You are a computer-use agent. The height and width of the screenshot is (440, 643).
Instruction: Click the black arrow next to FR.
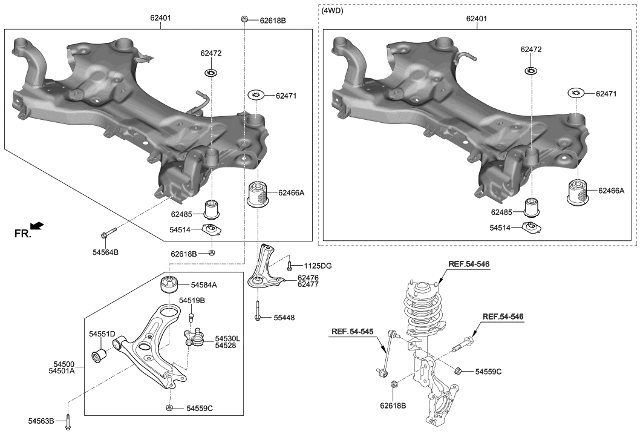coord(37,226)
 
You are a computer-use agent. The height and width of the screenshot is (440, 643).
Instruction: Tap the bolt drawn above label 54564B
coord(108,234)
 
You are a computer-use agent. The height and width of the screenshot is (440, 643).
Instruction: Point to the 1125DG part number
coord(318,266)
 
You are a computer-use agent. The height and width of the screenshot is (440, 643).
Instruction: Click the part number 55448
coord(284,317)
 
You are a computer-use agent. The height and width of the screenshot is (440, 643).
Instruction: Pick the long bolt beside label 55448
coord(258,309)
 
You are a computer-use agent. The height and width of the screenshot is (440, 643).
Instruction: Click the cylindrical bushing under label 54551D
coord(98,354)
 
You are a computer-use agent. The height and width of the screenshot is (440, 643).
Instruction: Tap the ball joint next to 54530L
coord(195,337)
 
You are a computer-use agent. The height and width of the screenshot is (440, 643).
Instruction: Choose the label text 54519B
coord(192,300)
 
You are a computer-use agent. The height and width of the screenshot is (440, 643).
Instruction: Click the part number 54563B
coord(41,421)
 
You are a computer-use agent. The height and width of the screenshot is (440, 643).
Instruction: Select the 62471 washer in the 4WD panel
coord(575,94)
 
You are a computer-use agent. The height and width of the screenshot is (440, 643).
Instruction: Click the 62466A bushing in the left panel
coord(258,193)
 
